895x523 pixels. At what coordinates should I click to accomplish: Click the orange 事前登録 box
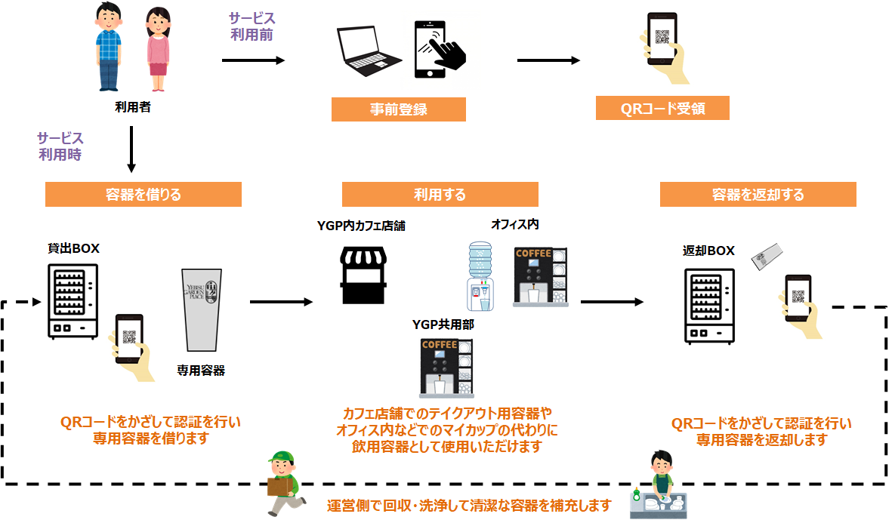pos(399,109)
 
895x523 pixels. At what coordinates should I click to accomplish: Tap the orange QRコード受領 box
pos(662,108)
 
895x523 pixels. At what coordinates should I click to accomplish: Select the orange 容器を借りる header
pos(144,195)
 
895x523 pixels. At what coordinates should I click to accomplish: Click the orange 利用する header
pos(440,195)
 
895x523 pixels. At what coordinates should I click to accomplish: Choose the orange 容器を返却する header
pos(758,195)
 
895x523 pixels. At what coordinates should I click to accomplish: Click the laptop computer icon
pos(368,51)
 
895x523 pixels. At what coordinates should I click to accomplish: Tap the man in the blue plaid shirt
pos(109,47)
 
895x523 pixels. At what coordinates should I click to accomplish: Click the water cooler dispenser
pos(480,276)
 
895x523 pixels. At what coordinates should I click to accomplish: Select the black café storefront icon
pos(363,275)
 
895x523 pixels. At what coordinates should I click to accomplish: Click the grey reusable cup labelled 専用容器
pos(202,309)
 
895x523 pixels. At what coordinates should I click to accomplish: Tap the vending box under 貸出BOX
pos(73,301)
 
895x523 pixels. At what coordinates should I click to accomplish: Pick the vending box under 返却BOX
pos(709,306)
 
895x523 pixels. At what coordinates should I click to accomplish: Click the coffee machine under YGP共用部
pos(446,368)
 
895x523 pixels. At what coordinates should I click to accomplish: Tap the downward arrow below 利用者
pos(131,149)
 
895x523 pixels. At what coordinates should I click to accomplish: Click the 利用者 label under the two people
pos(132,106)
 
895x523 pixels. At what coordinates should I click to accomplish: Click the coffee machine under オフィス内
pos(540,277)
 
